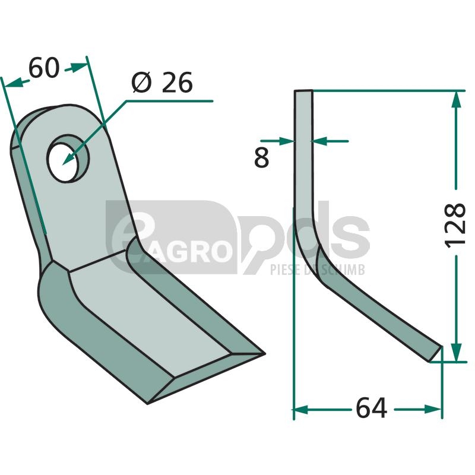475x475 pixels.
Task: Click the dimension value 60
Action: point(44,68)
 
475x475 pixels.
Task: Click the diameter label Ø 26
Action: point(162,83)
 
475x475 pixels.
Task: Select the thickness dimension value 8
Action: point(261,157)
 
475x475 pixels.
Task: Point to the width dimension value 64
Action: point(372,408)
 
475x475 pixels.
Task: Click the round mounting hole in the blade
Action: point(68,158)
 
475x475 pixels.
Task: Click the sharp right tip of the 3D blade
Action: point(265,353)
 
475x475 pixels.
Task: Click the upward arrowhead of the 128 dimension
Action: point(456,99)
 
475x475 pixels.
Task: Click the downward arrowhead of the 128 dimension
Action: point(456,352)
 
